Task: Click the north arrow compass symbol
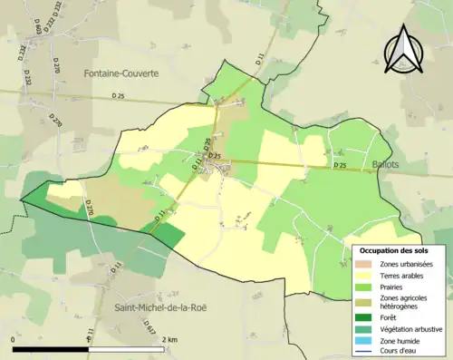point(403,49)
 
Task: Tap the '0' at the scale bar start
point(13,340)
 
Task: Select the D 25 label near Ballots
point(340,166)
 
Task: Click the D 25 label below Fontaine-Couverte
point(119,96)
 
